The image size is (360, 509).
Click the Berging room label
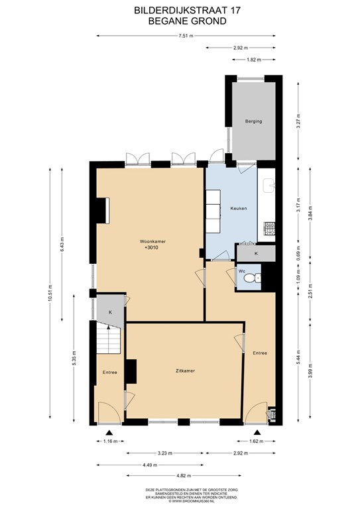[x=253, y=121]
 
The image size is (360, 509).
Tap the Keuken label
[x=239, y=208]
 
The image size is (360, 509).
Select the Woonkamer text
[x=152, y=241]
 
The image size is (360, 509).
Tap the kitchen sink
[x=270, y=186]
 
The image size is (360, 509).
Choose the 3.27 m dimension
[x=299, y=122]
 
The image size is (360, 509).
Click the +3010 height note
[x=152, y=248]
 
